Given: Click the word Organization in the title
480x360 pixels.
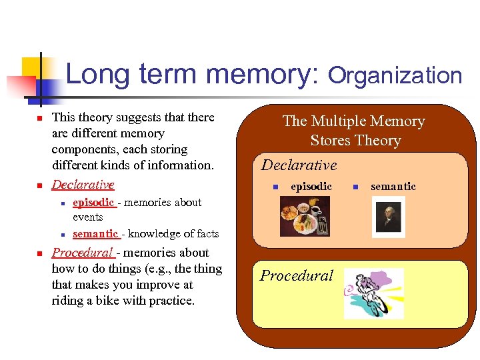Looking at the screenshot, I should pos(395,75).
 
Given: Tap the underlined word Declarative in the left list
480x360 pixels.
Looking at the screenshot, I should pos(83,184).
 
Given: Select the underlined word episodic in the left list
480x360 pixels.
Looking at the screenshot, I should pos(93,202).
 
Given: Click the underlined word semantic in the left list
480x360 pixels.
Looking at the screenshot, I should pos(95,233).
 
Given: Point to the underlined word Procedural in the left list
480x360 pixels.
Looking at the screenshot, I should pos(83,253).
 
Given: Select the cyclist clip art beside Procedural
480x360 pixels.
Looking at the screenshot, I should pos(373,293).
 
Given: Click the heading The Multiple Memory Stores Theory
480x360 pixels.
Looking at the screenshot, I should pos(354,131).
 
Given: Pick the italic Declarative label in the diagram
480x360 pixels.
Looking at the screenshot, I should pos(299,165).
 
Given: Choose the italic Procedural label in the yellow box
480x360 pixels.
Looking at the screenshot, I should pos(296,275).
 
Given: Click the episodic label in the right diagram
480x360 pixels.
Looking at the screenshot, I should pos(311,187).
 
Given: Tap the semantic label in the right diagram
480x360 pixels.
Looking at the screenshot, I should pos(393,187).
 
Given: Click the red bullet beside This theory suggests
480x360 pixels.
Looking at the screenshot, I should pos(39,119).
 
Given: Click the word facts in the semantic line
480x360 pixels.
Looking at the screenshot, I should pos(207,233).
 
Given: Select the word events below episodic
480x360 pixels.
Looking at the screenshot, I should pos(88,217).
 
